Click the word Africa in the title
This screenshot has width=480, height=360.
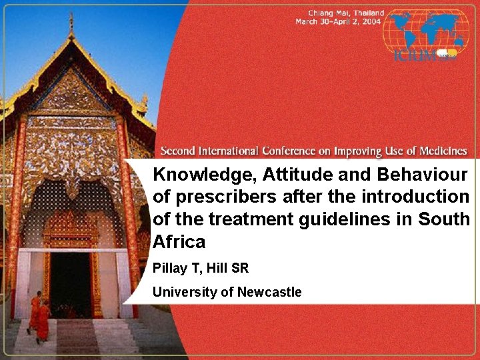point(179,241)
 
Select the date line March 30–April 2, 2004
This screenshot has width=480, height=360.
point(338,22)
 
